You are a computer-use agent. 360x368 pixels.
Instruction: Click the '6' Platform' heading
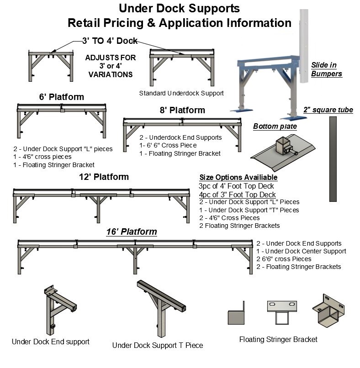click(61, 97)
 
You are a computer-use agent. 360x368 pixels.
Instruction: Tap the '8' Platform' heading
click(182, 110)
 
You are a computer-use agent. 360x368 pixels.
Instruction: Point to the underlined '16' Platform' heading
click(131, 232)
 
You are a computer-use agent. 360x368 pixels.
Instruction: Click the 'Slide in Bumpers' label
click(326, 69)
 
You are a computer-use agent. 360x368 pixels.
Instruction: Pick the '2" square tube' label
click(328, 110)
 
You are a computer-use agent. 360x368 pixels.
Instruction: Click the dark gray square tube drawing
click(333, 159)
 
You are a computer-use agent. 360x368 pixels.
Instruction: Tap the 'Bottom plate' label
click(275, 126)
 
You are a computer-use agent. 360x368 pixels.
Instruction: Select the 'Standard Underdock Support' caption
click(181, 93)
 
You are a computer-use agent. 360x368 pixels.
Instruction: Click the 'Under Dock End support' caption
click(51, 342)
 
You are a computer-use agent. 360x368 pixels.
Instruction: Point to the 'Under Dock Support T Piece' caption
click(158, 345)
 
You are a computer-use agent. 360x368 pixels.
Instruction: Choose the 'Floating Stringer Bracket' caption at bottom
click(278, 339)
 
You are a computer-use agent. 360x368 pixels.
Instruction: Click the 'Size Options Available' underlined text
click(238, 178)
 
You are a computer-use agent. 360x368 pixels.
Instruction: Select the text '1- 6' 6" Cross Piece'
click(168, 145)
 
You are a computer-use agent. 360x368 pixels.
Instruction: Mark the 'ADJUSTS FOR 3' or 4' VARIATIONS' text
click(111, 66)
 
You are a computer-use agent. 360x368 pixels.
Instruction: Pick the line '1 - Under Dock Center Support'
click(301, 251)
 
